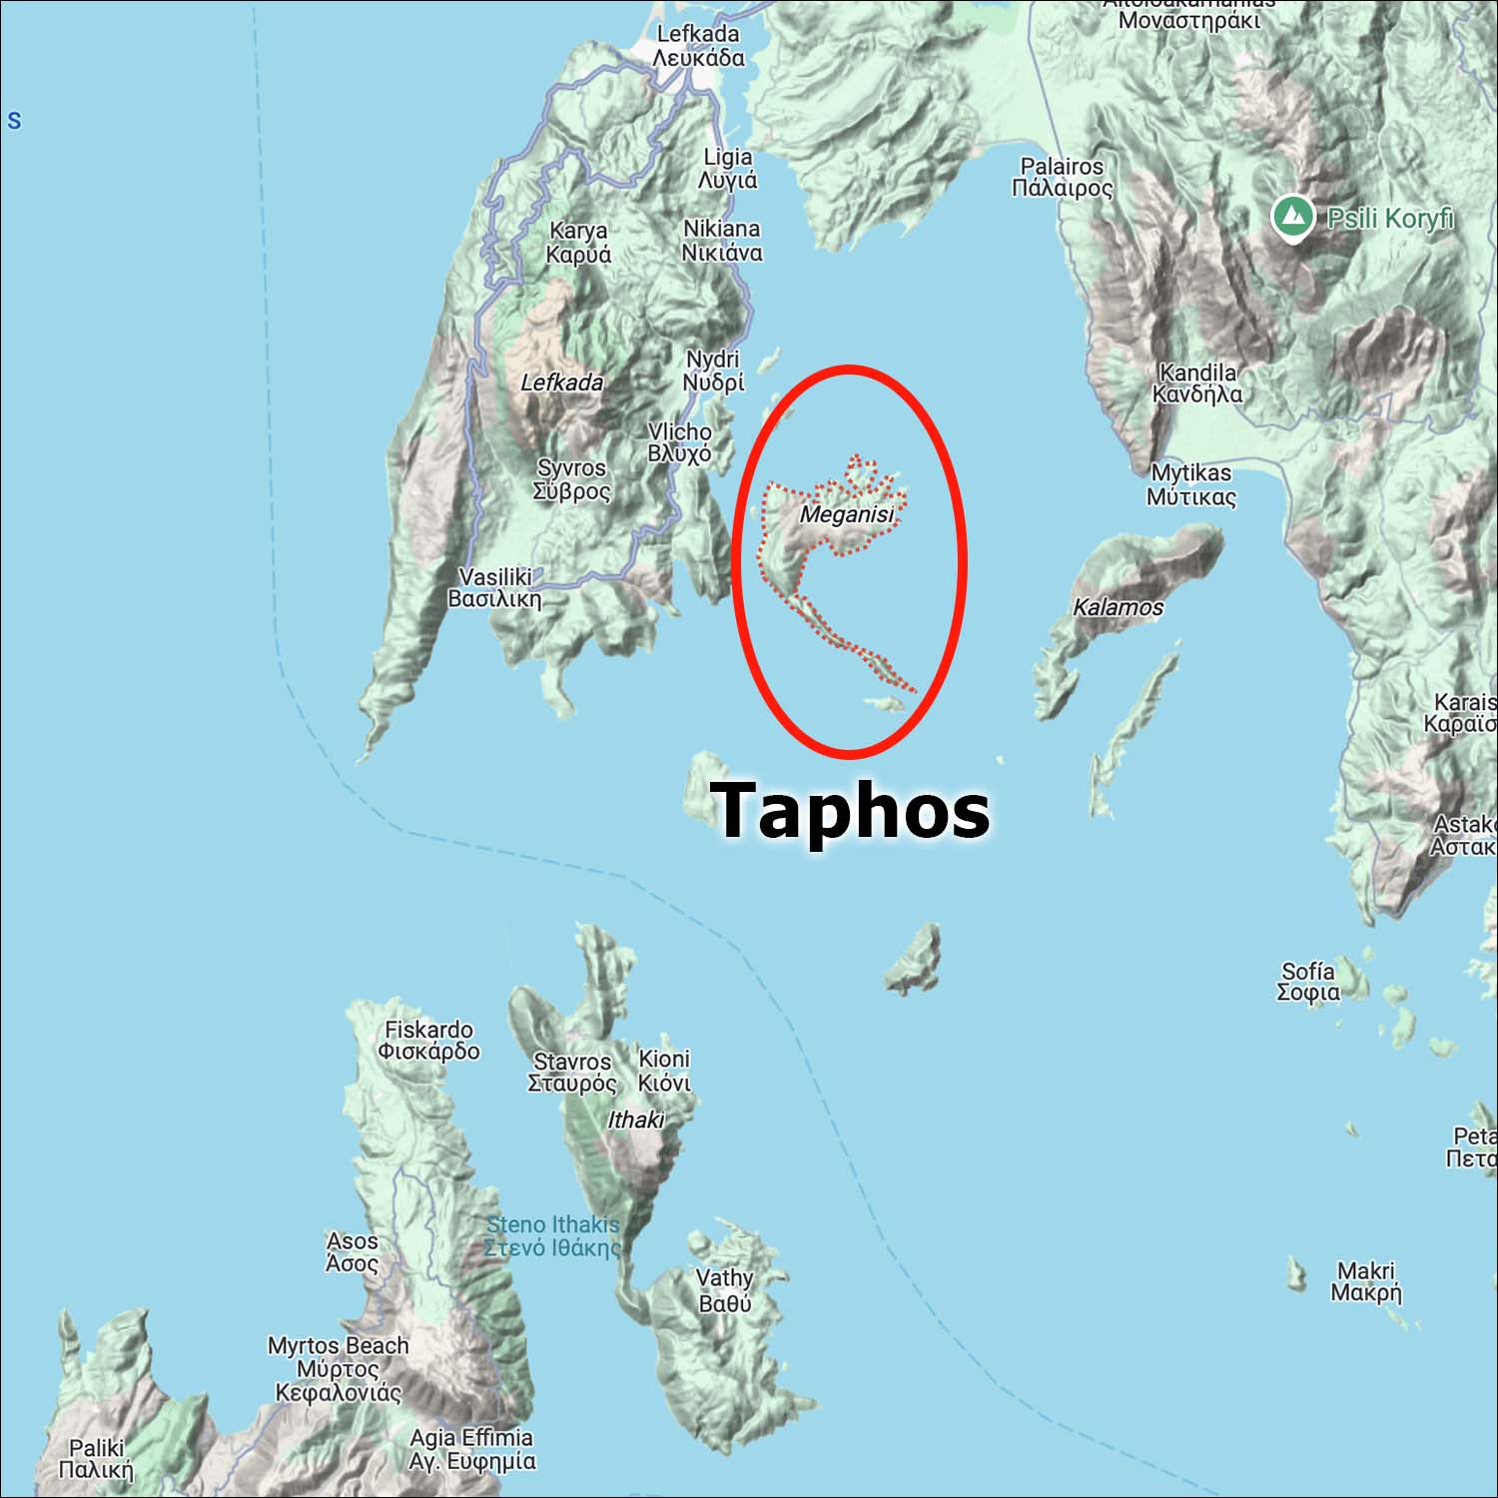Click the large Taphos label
[x=851, y=810]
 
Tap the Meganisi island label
[x=847, y=514]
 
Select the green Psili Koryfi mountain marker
[x=1293, y=217]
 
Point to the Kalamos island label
[x=1118, y=607]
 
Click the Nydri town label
[x=713, y=371]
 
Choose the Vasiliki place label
[x=495, y=588]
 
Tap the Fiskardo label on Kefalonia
[x=428, y=1040]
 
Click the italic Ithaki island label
[x=635, y=1121]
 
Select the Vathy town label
[x=725, y=1290]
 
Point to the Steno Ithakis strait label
[x=552, y=1235]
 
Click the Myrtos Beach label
[x=338, y=1368]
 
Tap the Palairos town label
[x=1062, y=177]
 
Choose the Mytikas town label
[x=1191, y=484]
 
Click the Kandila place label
[x=1197, y=382]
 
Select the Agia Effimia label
[x=471, y=1449]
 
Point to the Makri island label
[x=1366, y=1281]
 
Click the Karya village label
[x=578, y=243]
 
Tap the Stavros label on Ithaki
[x=571, y=1072]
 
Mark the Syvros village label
[x=571, y=479]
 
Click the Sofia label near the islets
[x=1308, y=981]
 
